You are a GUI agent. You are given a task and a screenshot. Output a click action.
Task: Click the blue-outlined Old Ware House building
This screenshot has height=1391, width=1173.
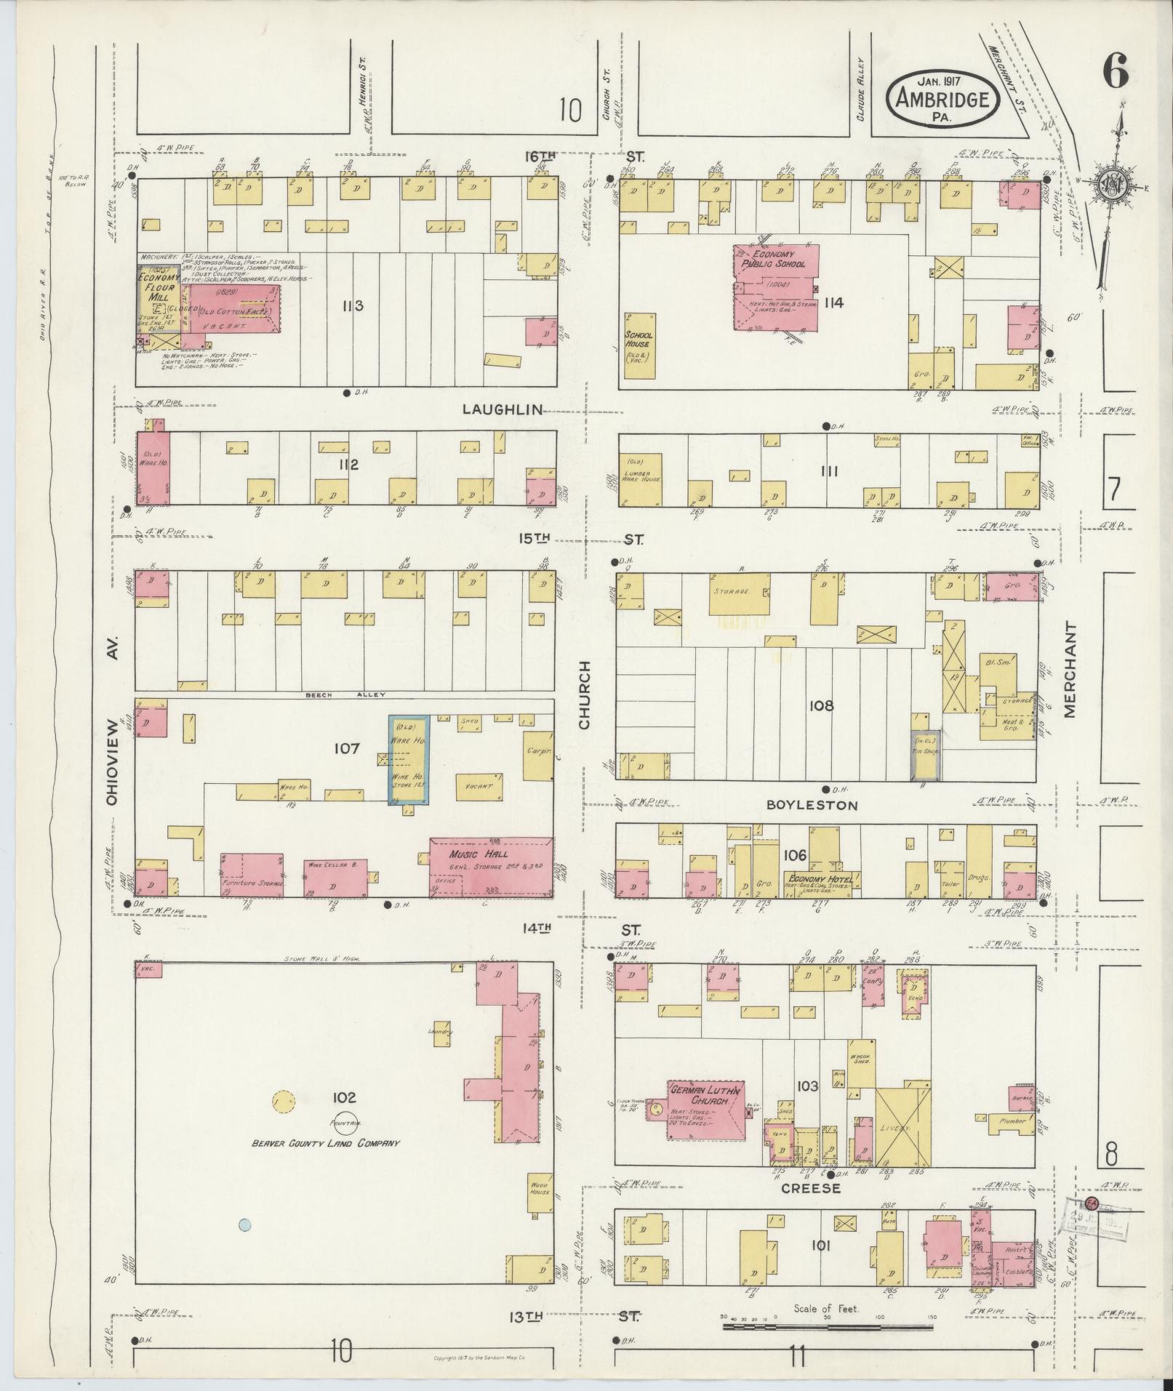[408, 758]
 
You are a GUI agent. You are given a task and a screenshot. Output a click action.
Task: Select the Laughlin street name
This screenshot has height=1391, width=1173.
[503, 409]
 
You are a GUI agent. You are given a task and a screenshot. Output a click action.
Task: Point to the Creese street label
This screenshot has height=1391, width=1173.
[811, 1188]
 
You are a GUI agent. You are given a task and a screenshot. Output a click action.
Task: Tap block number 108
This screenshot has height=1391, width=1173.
[820, 705]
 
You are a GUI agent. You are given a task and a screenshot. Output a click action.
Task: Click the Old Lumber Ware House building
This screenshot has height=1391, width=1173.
[641, 480]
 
